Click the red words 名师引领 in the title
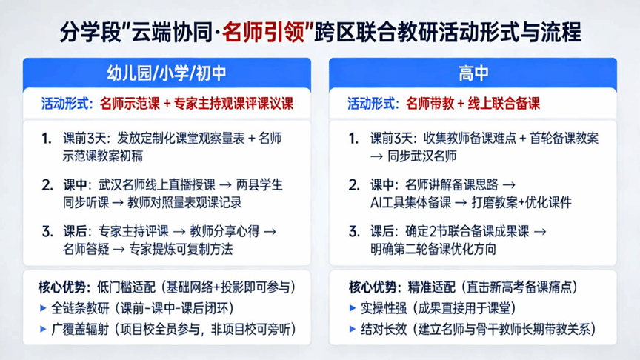[x=264, y=33]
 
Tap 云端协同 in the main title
[x=171, y=33]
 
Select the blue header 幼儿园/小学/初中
[x=167, y=73]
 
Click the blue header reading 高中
[x=473, y=73]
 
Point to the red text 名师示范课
[x=130, y=104]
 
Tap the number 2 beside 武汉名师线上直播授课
[x=47, y=185]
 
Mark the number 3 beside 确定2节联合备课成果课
[x=354, y=232]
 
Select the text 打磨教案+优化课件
[x=521, y=203]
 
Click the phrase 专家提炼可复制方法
[x=181, y=249]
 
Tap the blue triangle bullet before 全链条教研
[x=43, y=308]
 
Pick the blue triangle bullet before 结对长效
[x=353, y=329]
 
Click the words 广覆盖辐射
[x=80, y=329]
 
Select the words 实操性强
[x=384, y=308]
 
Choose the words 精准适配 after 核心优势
[x=431, y=287]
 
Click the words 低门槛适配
[x=126, y=287]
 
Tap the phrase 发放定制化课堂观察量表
[x=181, y=139]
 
